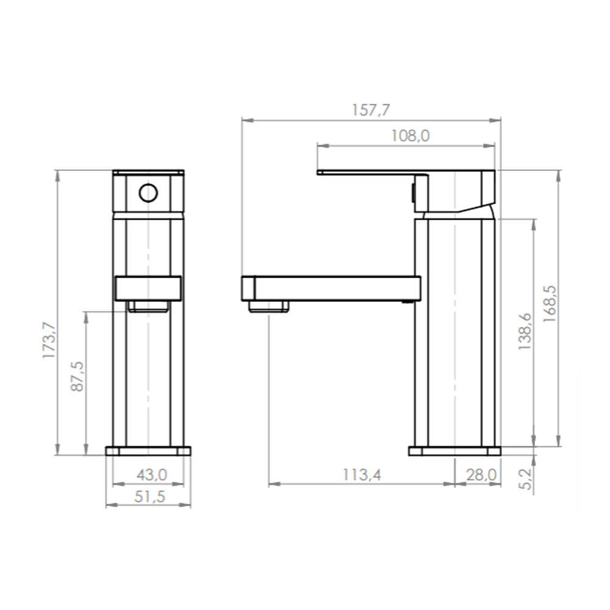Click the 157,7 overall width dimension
[x=370, y=110]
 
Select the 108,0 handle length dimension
[x=410, y=136]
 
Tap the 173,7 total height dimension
[x=49, y=340]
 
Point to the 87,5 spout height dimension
[x=77, y=376]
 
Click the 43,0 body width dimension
[x=152, y=475]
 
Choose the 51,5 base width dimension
[x=150, y=497]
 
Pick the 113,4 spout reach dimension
[x=362, y=475]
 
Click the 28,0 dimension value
[x=482, y=475]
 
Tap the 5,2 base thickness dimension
[x=525, y=479]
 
